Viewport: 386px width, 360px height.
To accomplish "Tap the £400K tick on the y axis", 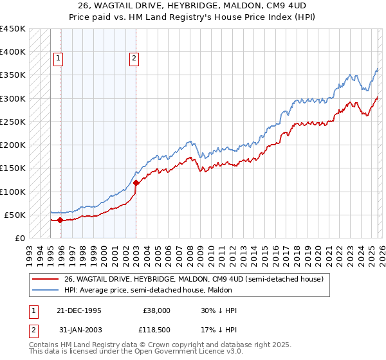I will [13, 52].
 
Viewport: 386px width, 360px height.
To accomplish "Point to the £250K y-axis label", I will [13, 122].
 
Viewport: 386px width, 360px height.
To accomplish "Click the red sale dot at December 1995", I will [60, 220].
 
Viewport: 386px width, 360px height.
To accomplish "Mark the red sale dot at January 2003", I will [136, 183].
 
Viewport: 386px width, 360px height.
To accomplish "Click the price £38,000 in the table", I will [156, 310].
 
